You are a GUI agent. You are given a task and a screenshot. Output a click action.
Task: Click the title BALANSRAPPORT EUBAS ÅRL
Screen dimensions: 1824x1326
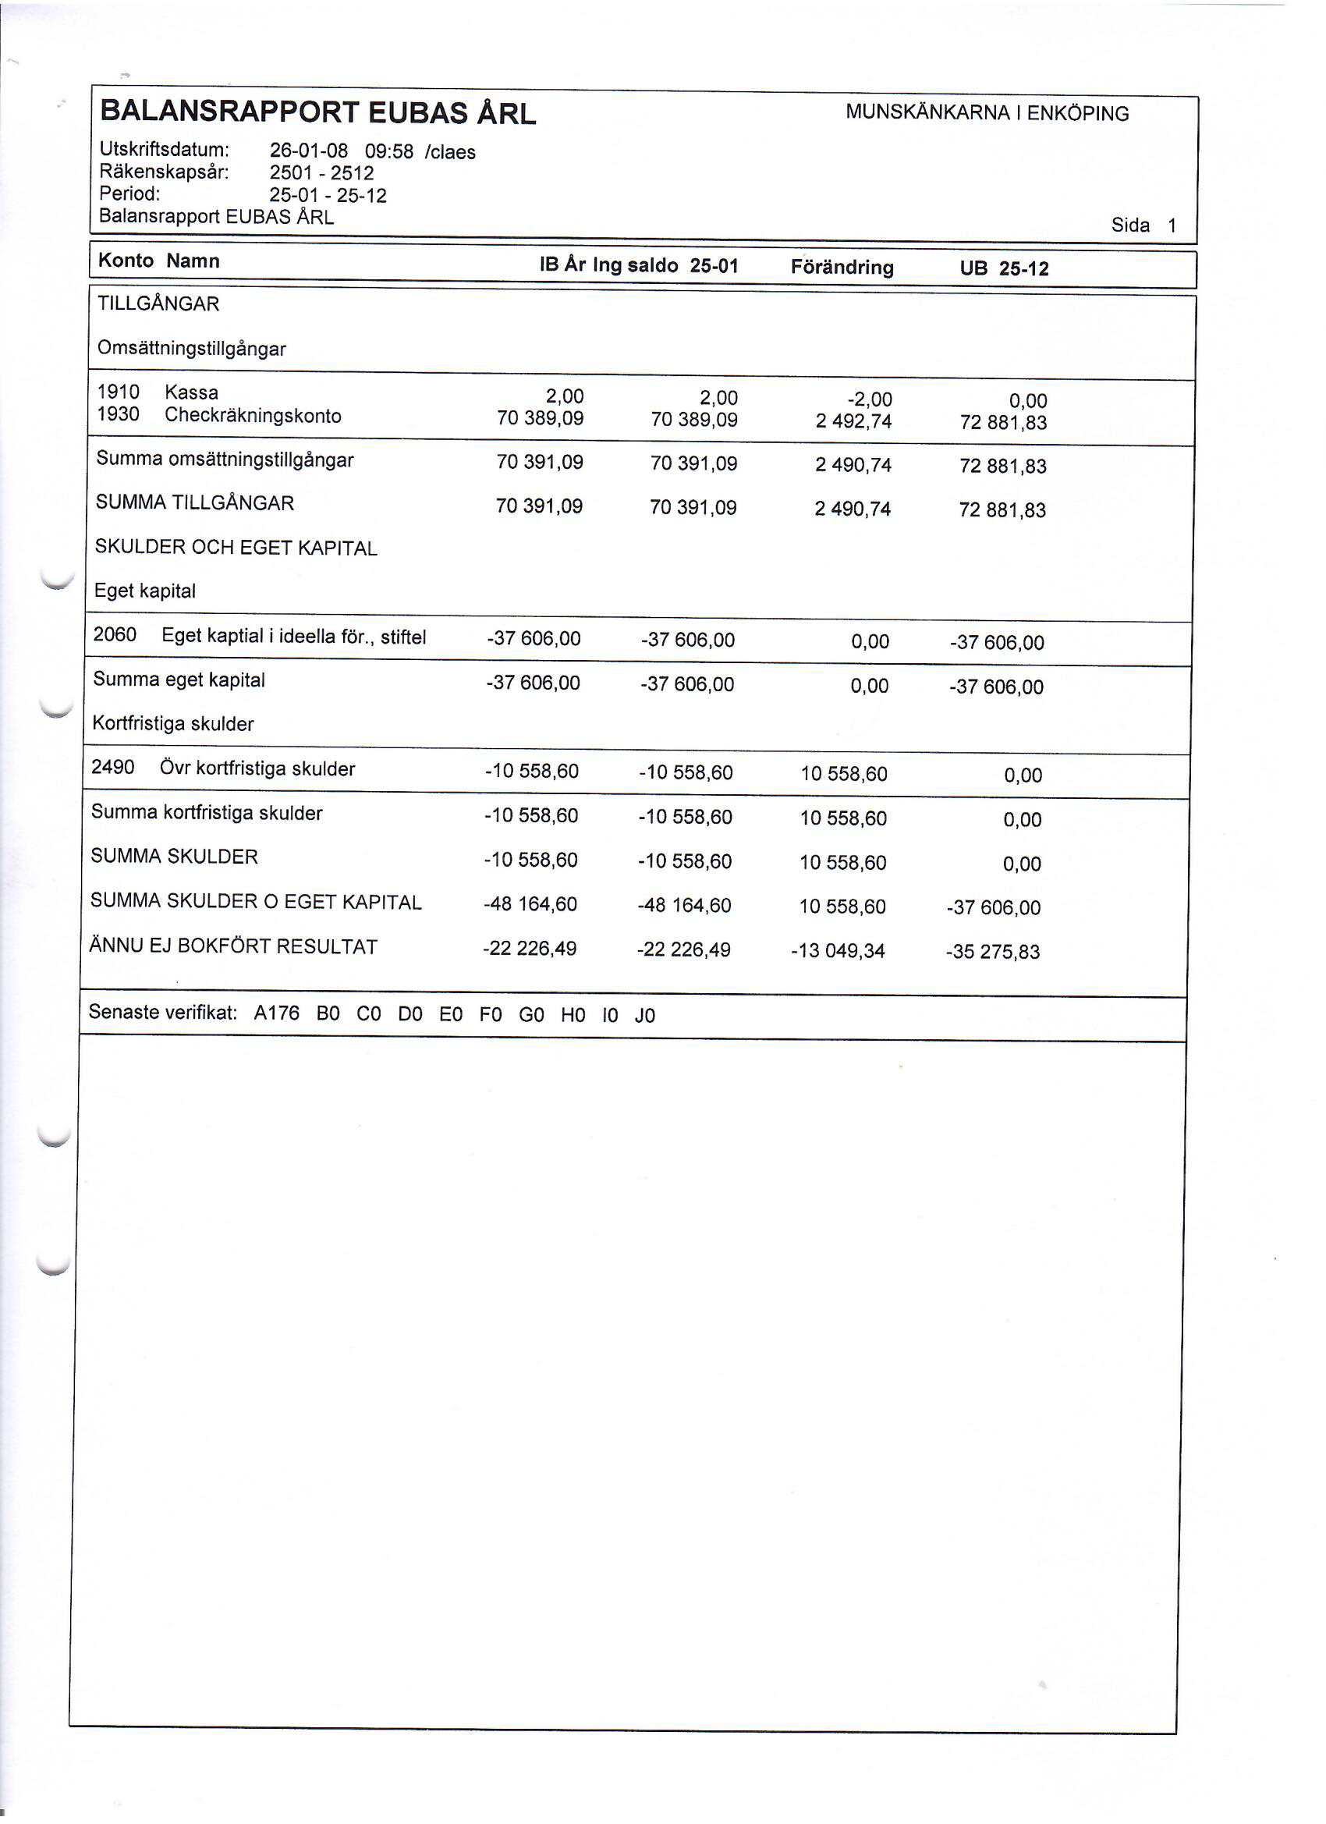pyautogui.click(x=317, y=113)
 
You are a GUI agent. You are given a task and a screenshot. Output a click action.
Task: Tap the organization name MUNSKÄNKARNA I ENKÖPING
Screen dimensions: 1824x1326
pyautogui.click(x=987, y=113)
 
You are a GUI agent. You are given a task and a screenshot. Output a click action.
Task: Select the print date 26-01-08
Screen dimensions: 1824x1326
pyautogui.click(x=308, y=151)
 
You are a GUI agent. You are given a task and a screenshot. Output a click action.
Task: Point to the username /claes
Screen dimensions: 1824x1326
pyautogui.click(x=449, y=153)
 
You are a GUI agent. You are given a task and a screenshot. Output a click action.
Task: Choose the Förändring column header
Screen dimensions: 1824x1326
pyautogui.click(x=842, y=267)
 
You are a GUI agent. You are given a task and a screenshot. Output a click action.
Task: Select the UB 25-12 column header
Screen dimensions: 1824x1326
pyautogui.click(x=1005, y=268)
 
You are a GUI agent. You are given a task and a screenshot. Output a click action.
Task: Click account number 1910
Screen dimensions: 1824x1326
pyautogui.click(x=119, y=392)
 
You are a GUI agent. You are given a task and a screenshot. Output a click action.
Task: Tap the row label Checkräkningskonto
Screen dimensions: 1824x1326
pyautogui.click(x=253, y=416)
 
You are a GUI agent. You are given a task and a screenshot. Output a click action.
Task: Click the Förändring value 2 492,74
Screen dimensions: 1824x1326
pyautogui.click(x=853, y=421)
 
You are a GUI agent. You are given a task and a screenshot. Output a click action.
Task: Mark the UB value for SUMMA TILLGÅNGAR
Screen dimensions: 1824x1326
pyautogui.click(x=1002, y=510)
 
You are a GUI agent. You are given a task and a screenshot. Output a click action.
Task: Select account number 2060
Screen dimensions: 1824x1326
pyautogui.click(x=115, y=634)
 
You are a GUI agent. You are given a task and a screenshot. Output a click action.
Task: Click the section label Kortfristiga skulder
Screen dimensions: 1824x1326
pyautogui.click(x=173, y=724)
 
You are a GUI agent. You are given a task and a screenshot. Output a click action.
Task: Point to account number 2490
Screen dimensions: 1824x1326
pyautogui.click(x=112, y=767)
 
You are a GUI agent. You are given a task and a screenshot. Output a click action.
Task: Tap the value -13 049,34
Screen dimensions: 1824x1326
pyautogui.click(x=838, y=952)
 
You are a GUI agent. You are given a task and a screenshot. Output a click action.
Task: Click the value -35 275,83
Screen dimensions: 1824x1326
pyautogui.click(x=993, y=953)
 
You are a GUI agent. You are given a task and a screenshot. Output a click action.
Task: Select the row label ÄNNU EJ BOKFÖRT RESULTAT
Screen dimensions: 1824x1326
pyautogui.click(x=233, y=946)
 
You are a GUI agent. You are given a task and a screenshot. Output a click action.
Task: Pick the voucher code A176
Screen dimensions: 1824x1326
pyautogui.click(x=277, y=1013)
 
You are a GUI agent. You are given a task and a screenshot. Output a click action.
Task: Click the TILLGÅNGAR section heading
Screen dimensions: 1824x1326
pyautogui.click(x=158, y=304)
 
